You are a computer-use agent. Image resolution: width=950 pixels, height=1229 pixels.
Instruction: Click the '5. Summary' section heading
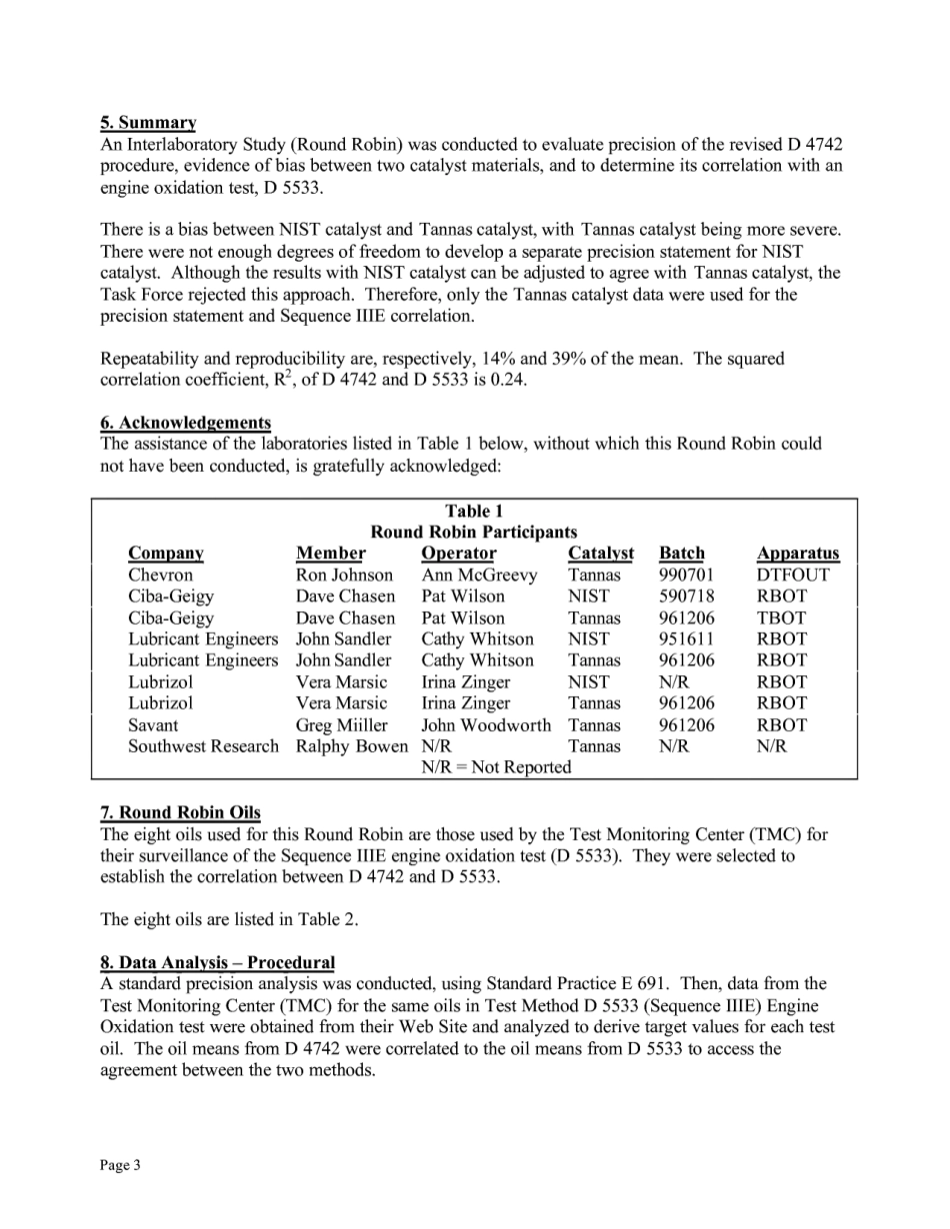148,123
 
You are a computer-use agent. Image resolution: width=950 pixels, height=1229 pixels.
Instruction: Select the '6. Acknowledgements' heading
185,423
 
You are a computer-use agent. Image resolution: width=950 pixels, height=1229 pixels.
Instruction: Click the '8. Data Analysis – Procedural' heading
217,962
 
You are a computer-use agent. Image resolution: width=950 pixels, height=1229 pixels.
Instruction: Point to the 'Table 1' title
474,511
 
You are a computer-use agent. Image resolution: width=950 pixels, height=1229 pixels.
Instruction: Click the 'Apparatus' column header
797,554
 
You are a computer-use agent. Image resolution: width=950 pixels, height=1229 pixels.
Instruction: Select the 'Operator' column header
458,554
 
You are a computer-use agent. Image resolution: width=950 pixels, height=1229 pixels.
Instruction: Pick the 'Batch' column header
681,554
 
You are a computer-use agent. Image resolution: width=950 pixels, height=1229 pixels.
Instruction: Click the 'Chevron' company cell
160,576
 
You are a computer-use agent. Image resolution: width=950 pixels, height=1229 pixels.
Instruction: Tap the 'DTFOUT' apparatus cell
792,576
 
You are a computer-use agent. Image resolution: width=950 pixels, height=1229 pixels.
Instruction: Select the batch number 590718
686,597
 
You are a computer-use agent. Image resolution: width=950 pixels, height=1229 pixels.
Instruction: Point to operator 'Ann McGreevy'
478,576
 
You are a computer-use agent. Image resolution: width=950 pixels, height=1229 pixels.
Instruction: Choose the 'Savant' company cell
153,725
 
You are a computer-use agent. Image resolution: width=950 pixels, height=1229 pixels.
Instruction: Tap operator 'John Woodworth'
485,725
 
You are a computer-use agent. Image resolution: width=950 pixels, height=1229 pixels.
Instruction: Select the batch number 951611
686,639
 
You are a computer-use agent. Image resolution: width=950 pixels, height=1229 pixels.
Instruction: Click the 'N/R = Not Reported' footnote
496,767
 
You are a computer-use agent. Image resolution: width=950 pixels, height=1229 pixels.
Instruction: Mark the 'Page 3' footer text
120,1165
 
